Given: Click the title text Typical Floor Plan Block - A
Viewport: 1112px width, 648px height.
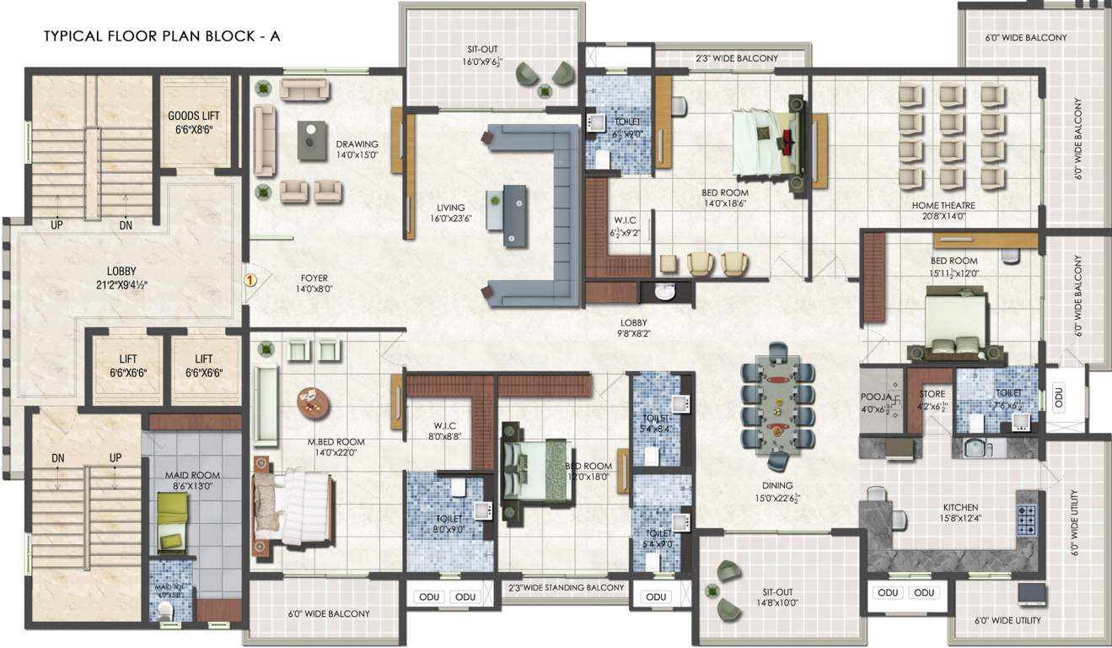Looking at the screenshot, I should pyautogui.click(x=161, y=37).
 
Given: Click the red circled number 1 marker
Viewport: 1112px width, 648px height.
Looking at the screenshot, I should pyautogui.click(x=250, y=278).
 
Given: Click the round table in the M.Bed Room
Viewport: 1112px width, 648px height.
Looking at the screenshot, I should pyautogui.click(x=313, y=403).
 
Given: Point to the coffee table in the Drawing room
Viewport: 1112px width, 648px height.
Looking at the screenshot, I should pyautogui.click(x=312, y=140).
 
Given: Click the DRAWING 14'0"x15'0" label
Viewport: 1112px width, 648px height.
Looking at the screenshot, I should pyautogui.click(x=357, y=149).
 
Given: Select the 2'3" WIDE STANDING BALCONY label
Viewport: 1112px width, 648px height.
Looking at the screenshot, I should pyautogui.click(x=566, y=587).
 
